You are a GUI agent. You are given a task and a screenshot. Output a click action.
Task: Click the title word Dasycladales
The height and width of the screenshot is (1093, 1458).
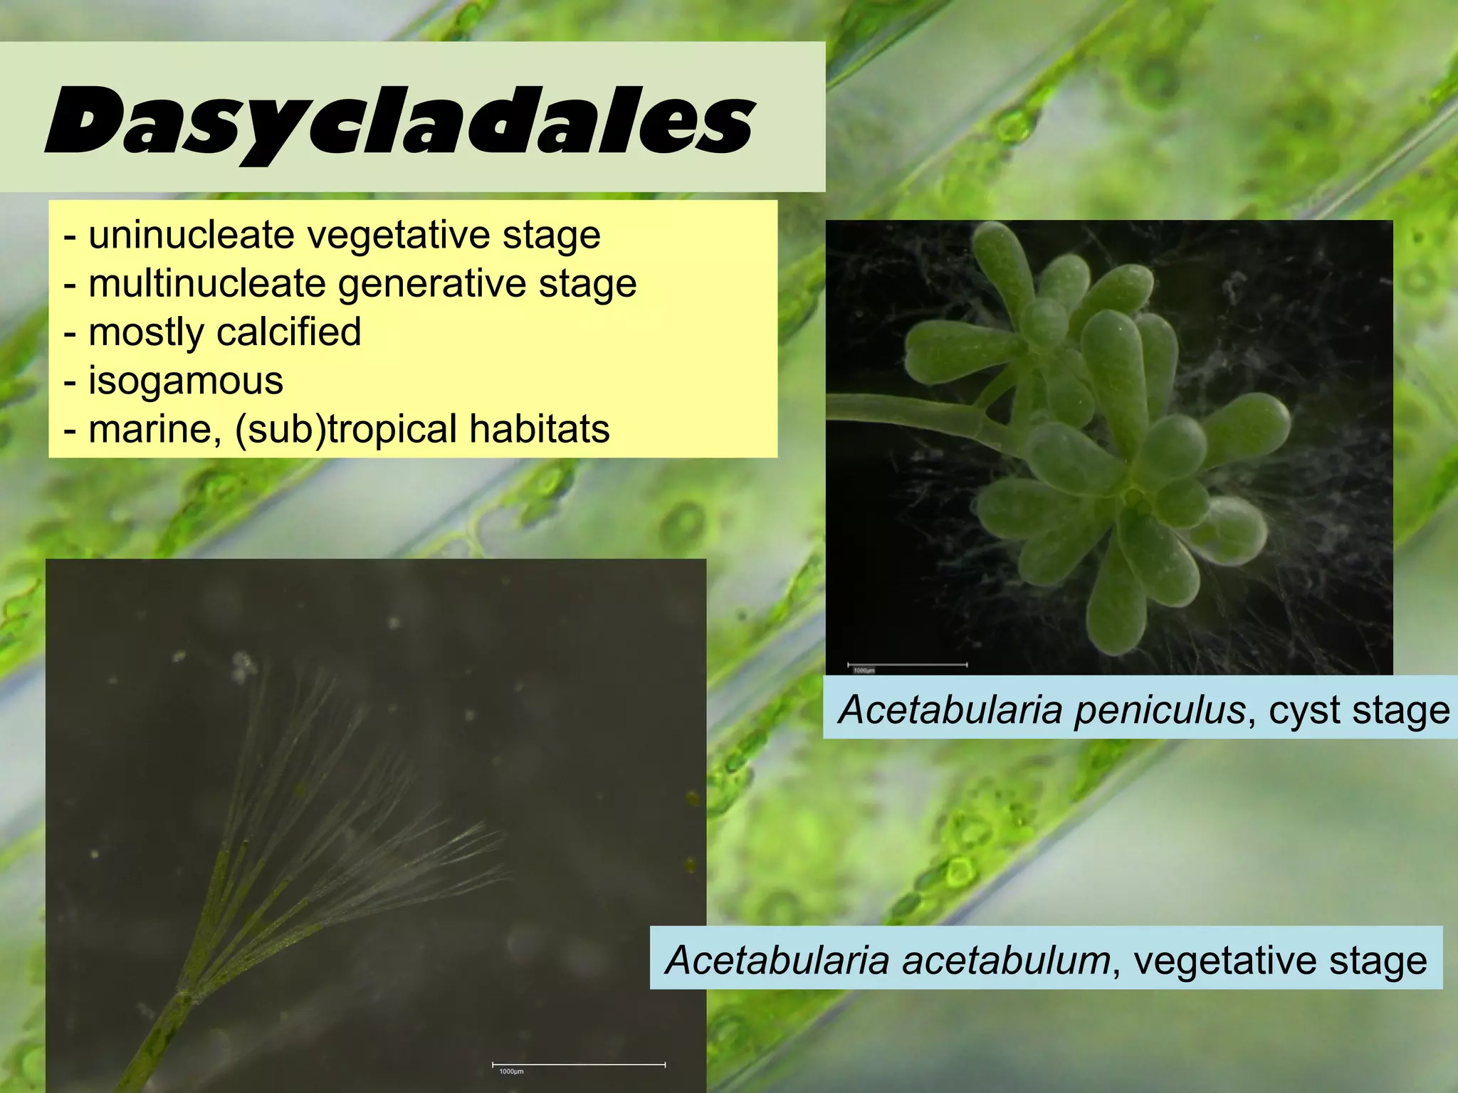click(x=399, y=121)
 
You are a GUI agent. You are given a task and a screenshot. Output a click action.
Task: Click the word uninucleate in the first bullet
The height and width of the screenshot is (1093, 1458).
click(x=191, y=235)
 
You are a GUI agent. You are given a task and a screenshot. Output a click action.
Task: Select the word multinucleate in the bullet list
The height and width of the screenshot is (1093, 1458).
click(x=206, y=283)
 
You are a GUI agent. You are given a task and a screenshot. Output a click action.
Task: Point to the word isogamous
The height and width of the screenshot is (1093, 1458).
click(x=185, y=380)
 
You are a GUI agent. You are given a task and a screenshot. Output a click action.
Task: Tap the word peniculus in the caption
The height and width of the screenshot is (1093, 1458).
click(x=1160, y=709)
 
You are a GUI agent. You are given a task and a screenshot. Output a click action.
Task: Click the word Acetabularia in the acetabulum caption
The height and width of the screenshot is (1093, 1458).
click(x=777, y=960)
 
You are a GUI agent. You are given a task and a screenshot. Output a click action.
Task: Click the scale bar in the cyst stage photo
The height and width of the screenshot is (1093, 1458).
click(x=907, y=665)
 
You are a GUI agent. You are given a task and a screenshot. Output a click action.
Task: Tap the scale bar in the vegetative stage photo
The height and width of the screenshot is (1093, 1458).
click(x=579, y=1065)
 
